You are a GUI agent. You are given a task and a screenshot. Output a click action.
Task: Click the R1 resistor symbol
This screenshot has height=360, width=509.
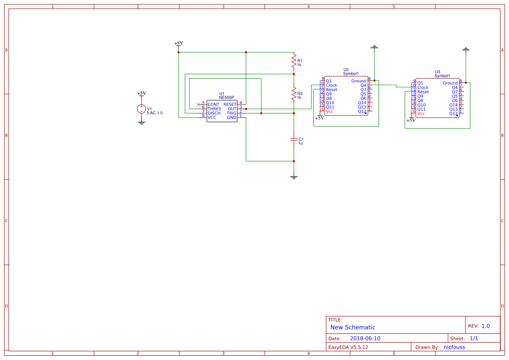tap(294, 61)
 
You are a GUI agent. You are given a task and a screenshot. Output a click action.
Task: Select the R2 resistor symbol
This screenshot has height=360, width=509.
tap(294, 94)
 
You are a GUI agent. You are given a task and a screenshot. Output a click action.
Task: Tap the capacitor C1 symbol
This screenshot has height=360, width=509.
tap(294, 139)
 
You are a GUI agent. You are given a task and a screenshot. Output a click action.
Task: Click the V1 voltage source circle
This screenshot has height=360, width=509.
tap(142, 109)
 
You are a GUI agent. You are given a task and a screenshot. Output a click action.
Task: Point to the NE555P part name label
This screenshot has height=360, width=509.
tap(226, 98)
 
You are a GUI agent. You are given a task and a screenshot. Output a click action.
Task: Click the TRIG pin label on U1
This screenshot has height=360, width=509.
tap(231, 113)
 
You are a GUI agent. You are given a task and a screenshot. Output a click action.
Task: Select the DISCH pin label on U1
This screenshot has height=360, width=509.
tap(214, 113)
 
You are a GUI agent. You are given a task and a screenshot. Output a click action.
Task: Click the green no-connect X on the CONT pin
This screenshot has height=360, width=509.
tap(199, 104)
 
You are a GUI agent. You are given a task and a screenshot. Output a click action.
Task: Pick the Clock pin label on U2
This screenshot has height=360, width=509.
tap(331, 85)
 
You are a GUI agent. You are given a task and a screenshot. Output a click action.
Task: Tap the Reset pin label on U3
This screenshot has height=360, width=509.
tap(423, 92)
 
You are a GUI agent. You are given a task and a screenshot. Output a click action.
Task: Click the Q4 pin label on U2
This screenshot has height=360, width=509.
tap(363, 85)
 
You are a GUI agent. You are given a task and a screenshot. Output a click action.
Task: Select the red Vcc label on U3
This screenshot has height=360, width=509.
tap(421, 114)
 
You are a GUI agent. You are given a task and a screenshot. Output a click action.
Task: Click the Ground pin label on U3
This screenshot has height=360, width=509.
tap(450, 83)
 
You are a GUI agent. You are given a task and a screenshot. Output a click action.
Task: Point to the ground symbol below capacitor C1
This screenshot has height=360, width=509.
tap(294, 177)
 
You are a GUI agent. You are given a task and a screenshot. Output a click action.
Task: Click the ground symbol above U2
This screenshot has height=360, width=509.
tap(374, 47)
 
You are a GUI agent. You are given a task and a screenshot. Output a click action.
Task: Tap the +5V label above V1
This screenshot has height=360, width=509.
tap(142, 94)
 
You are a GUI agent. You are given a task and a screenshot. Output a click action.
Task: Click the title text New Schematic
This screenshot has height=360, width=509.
tap(353, 327)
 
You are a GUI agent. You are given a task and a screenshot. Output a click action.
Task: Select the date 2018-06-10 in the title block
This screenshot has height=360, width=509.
tap(365, 338)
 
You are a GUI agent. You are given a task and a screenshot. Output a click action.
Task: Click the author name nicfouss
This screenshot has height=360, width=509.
tap(454, 347)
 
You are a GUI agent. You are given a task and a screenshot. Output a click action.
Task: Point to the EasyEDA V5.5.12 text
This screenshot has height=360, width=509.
tap(348, 347)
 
